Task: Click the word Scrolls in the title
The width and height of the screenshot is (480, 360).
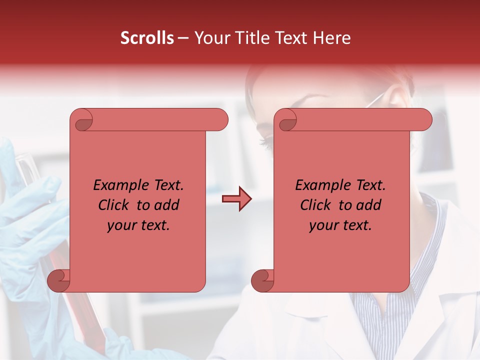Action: click(x=147, y=38)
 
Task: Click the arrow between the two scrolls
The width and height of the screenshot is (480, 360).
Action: click(x=236, y=199)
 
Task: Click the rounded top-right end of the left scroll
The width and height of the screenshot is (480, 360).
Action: click(x=220, y=120)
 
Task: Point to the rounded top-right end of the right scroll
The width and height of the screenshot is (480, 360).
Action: click(x=424, y=120)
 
